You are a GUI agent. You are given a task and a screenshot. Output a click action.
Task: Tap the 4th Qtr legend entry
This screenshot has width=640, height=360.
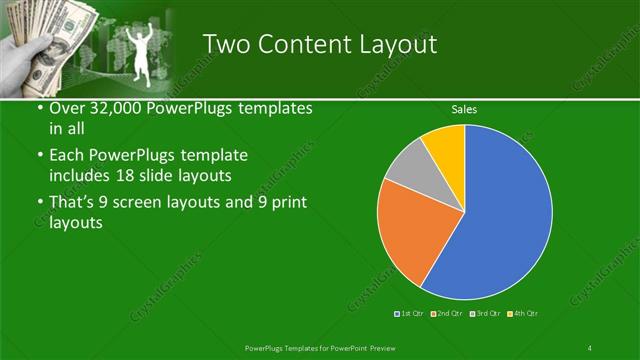pos(523,314)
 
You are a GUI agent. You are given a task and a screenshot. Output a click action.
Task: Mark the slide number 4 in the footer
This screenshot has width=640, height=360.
pos(589,348)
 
